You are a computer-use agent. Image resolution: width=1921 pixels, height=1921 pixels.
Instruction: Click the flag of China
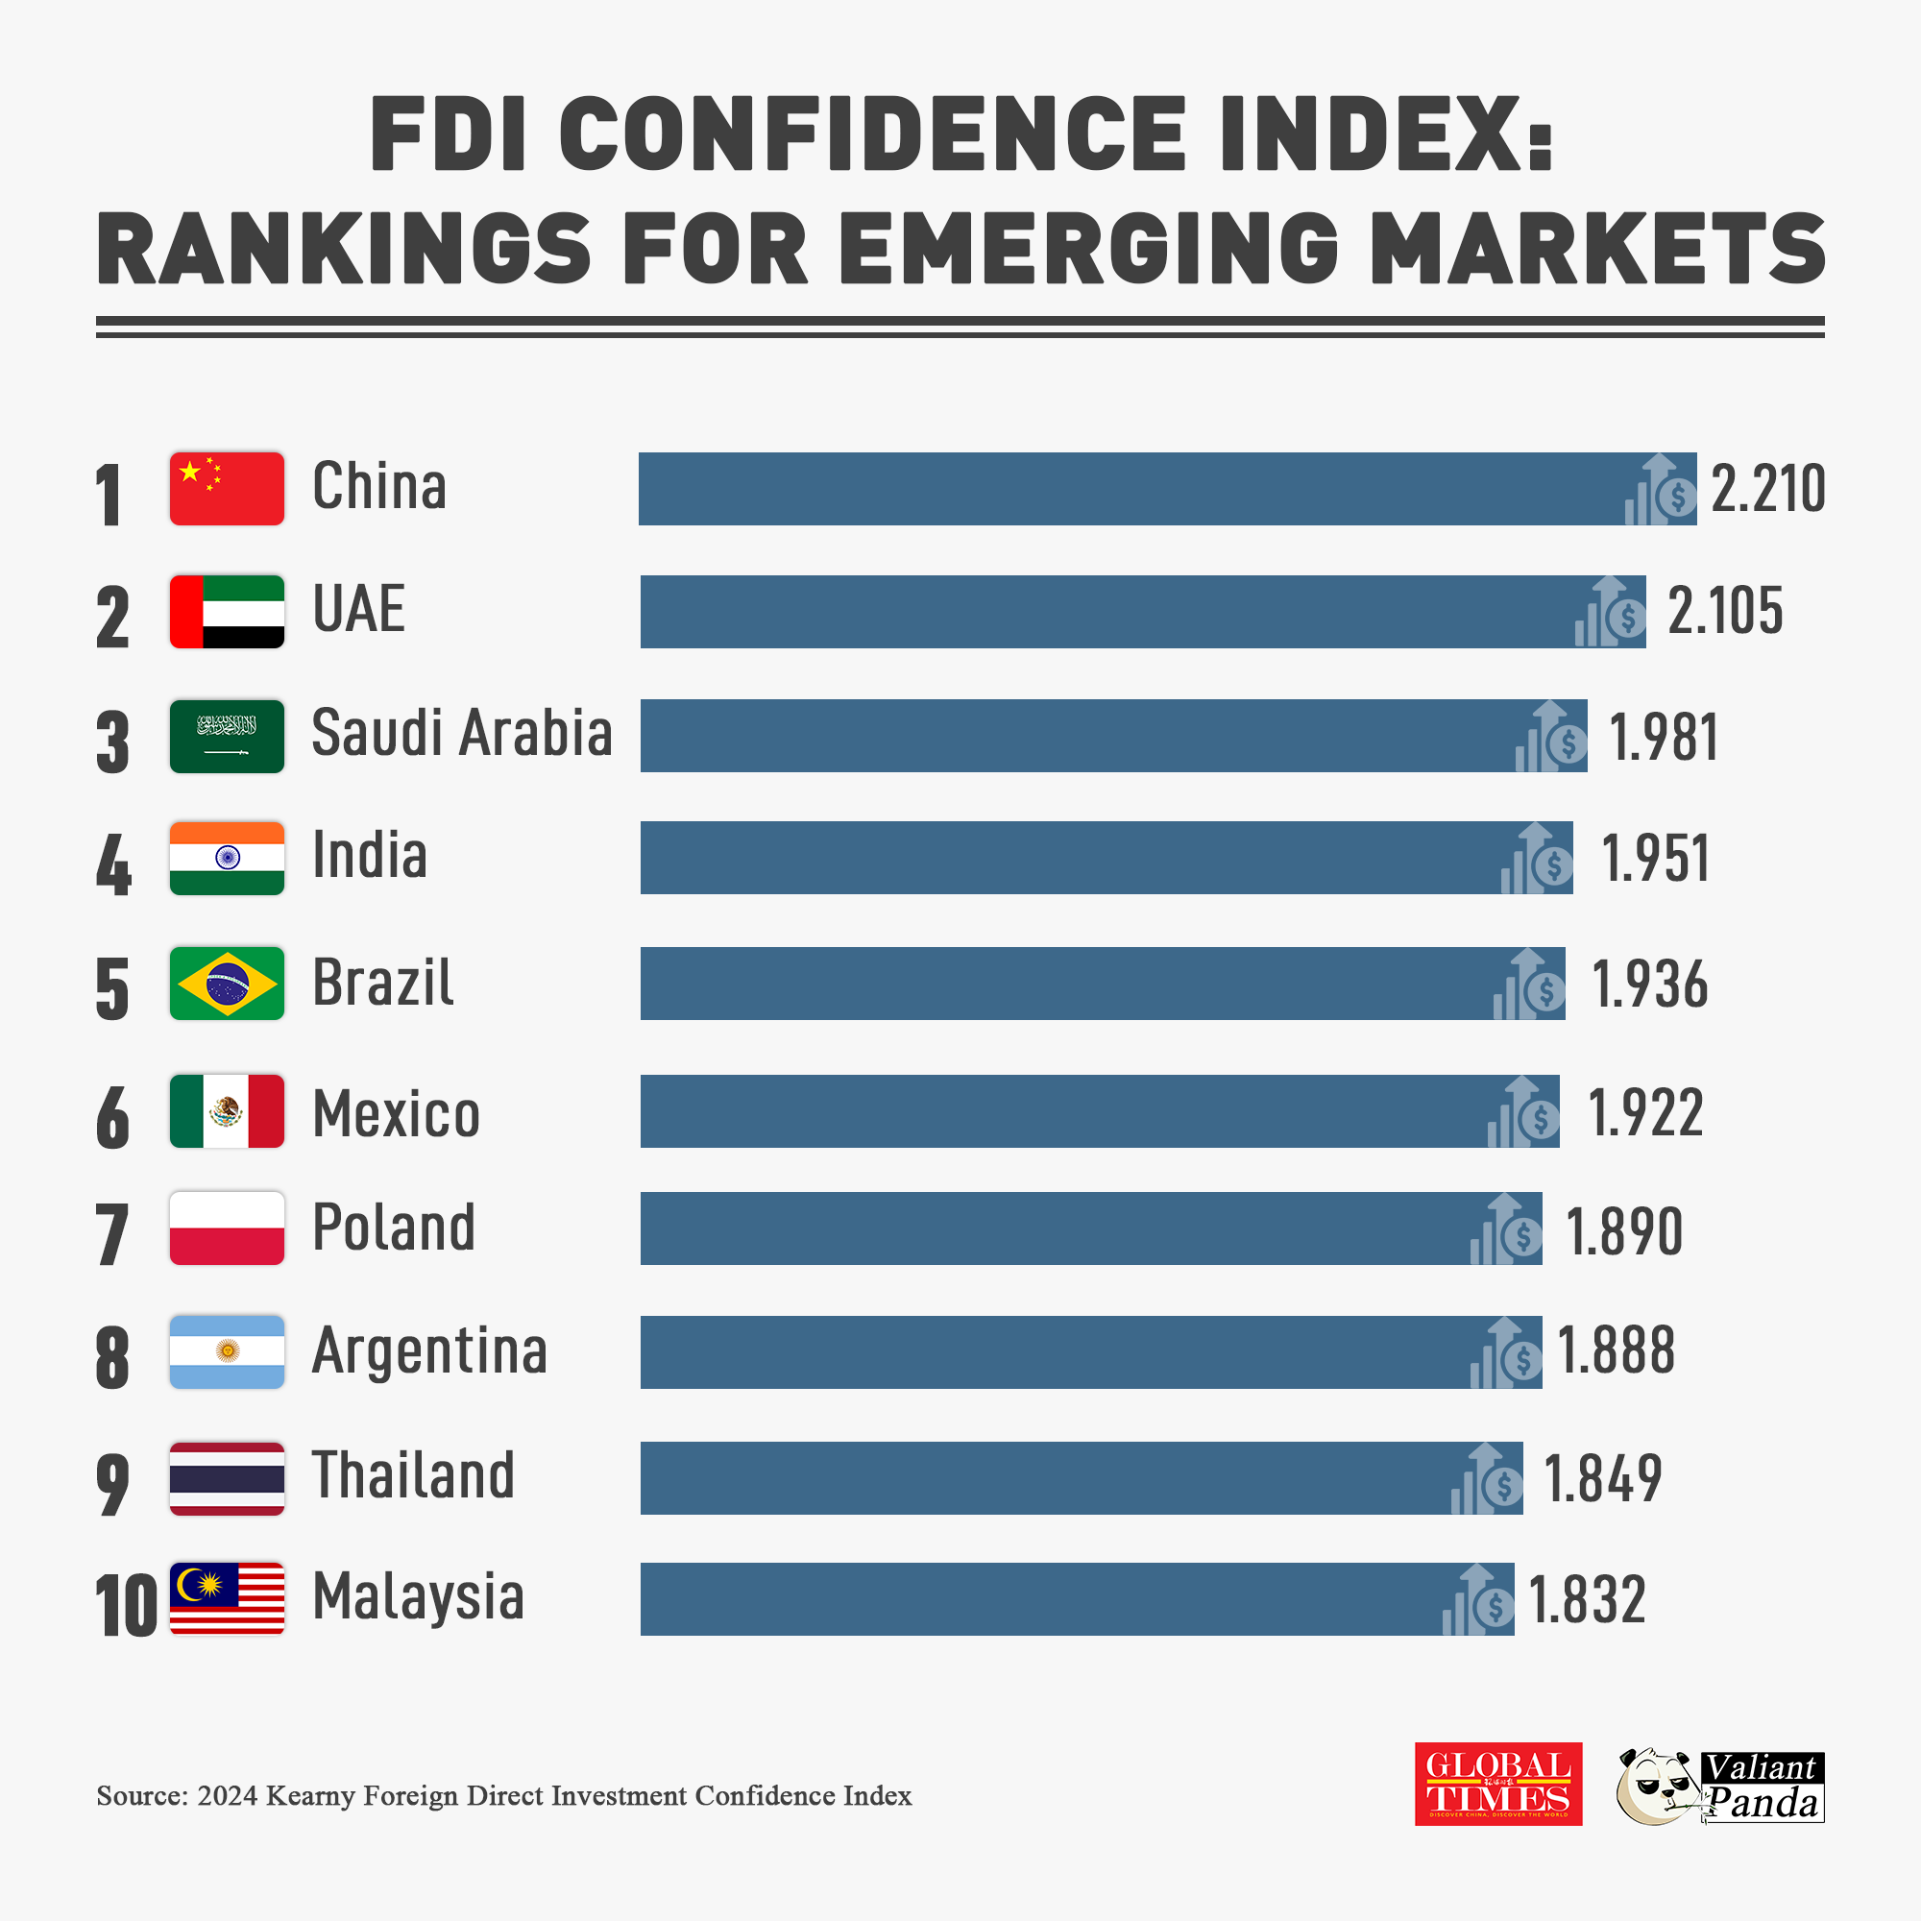[x=227, y=488]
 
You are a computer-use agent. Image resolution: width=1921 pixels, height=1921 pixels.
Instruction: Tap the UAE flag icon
[x=227, y=612]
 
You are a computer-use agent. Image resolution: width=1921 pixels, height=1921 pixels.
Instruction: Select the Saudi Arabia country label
[x=461, y=733]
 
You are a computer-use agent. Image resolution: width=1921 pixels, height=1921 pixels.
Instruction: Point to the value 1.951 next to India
[x=1656, y=859]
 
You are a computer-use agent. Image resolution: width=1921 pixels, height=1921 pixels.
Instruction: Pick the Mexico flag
[x=227, y=1110]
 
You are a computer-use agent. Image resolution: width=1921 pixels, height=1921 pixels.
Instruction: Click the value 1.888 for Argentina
[x=1616, y=1351]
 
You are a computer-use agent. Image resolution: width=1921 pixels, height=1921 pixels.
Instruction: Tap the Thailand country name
[x=414, y=1474]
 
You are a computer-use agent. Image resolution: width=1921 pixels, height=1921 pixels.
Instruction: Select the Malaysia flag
[x=227, y=1598]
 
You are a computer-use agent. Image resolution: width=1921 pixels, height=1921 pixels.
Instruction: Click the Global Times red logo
[x=1497, y=1784]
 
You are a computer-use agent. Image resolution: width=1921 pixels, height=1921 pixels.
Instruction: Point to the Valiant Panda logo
[x=1720, y=1786]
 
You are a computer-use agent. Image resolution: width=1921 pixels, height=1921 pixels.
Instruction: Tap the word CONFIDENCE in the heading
[x=872, y=134]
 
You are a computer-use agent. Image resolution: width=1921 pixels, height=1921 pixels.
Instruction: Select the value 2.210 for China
[x=1767, y=489]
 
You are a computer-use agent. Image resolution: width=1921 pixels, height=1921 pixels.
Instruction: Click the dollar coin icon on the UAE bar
[x=1628, y=619]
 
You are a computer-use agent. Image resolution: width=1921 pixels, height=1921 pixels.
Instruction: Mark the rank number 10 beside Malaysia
[x=126, y=1606]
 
